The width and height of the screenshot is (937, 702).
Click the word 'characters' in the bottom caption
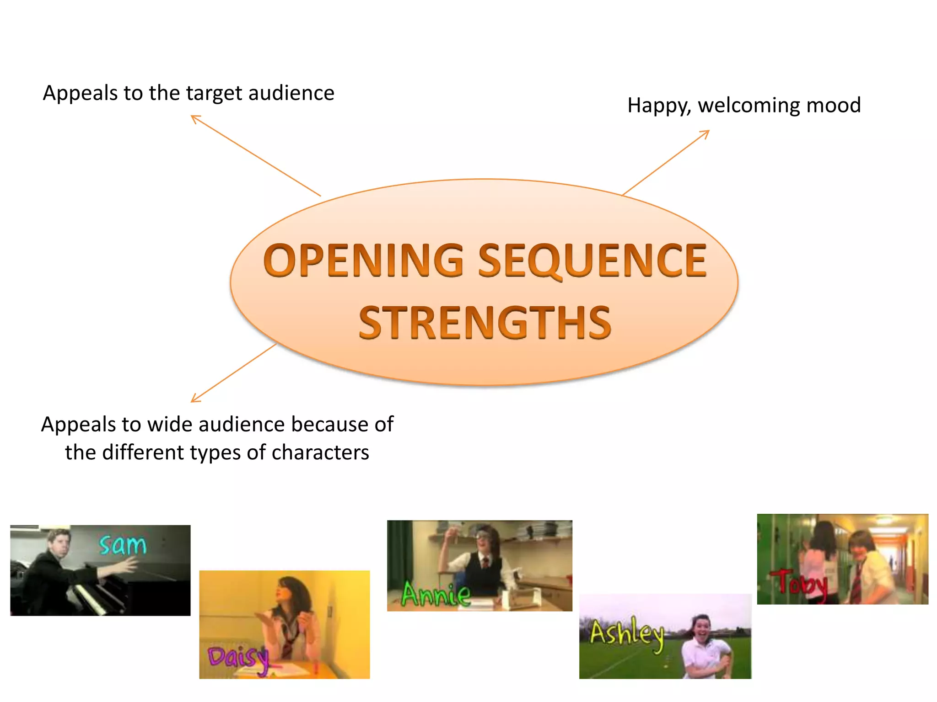(x=320, y=452)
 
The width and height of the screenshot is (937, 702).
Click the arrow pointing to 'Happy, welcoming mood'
(x=666, y=163)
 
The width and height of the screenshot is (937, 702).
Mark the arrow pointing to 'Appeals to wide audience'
(x=233, y=373)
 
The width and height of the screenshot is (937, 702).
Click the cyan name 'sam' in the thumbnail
(x=123, y=545)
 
